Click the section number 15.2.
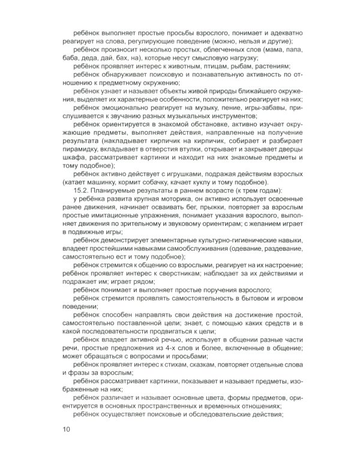coord(82,190)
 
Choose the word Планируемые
coord(115,190)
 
